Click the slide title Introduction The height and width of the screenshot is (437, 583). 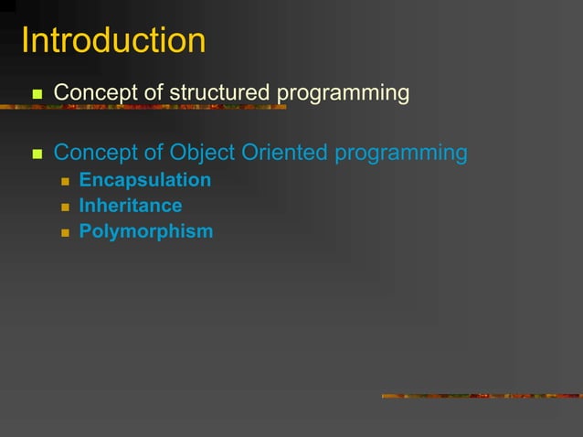pyautogui.click(x=113, y=41)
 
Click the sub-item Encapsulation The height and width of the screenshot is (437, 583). pyautogui.click(x=144, y=180)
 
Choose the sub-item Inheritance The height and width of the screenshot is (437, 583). pyautogui.click(x=130, y=206)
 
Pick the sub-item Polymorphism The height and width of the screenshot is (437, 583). pyautogui.click(x=145, y=231)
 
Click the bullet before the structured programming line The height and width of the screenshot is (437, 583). pyautogui.click(x=37, y=94)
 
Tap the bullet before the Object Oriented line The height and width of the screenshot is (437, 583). pyautogui.click(x=37, y=154)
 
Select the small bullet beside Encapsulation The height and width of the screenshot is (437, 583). pyautogui.click(x=65, y=181)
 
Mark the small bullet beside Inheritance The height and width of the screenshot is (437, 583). pyautogui.click(x=65, y=207)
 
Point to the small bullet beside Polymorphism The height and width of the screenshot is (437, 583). pyautogui.click(x=65, y=232)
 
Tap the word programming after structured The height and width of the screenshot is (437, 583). pyautogui.click(x=343, y=93)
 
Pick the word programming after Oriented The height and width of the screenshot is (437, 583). pyautogui.click(x=401, y=153)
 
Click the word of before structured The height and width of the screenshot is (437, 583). pyautogui.click(x=151, y=93)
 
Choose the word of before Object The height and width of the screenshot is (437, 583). pyautogui.click(x=151, y=153)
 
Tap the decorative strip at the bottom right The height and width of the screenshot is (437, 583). pyautogui.click(x=482, y=396)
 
